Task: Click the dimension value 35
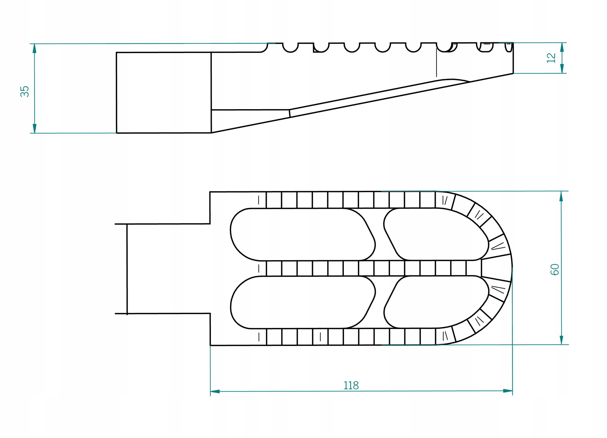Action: click(25, 91)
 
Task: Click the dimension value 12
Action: click(551, 58)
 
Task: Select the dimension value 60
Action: click(555, 269)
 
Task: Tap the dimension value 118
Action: click(351, 385)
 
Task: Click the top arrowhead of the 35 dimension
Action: click(34, 48)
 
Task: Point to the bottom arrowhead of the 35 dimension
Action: click(34, 128)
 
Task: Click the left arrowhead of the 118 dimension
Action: click(215, 392)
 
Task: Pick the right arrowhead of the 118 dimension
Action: click(508, 391)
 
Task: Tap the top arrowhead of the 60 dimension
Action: click(561, 196)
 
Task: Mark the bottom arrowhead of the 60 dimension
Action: click(561, 340)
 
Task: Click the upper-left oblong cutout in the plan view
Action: click(302, 234)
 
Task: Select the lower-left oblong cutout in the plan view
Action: click(302, 303)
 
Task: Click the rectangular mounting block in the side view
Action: click(164, 93)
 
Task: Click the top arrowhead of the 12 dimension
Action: click(562, 47)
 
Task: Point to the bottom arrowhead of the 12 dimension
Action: click(562, 69)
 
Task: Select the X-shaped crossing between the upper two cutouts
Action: click(380, 235)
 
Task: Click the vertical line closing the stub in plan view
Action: click(127, 269)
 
